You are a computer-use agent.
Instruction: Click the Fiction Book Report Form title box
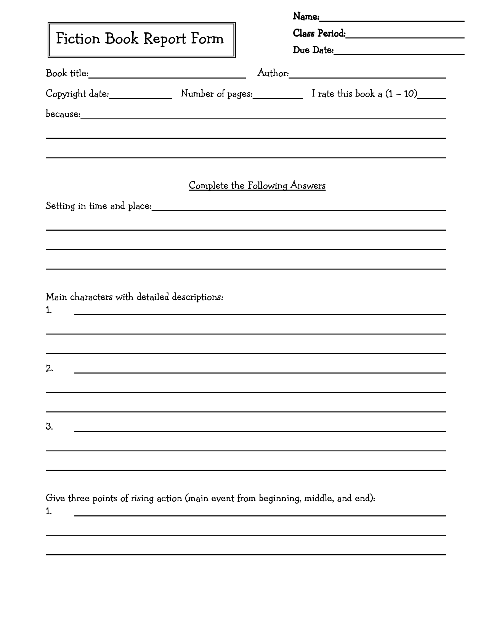pos(141,40)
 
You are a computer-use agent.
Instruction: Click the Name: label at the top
pos(306,16)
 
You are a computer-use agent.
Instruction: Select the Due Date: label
pos(313,50)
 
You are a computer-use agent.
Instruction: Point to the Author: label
pos(273,73)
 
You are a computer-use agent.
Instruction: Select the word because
pos(63,114)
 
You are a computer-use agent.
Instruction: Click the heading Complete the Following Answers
pos(257,186)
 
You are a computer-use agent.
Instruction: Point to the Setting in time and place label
pos(99,206)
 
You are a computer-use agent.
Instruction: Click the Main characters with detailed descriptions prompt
pos(134,297)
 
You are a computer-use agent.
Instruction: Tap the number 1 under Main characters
pos(49,310)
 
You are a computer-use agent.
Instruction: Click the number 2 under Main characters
pos(49,369)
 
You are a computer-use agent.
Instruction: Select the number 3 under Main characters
pos(49,427)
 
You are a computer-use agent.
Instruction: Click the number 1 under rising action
pos(49,512)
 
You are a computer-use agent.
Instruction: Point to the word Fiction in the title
pos(78,39)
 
